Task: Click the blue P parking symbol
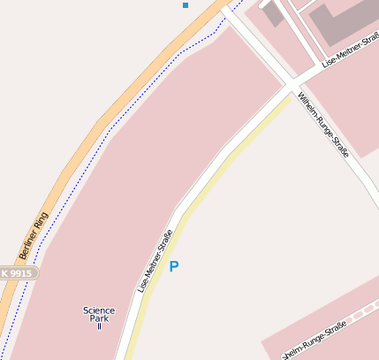click(x=174, y=266)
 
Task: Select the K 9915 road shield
click(x=15, y=274)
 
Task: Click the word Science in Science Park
click(x=99, y=310)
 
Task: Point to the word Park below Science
click(x=99, y=318)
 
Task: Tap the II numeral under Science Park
click(x=99, y=327)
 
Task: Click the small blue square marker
click(x=186, y=5)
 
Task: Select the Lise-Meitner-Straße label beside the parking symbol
click(x=155, y=262)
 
